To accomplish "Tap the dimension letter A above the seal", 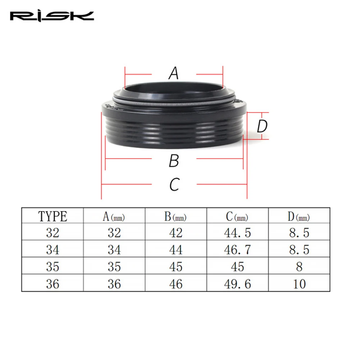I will (x=174, y=74).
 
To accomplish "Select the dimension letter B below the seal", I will (x=174, y=161).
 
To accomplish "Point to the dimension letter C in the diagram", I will (x=174, y=185).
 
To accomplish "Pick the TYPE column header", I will (x=53, y=217).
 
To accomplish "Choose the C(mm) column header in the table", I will (x=237, y=217).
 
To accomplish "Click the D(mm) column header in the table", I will (x=299, y=217).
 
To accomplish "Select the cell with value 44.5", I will (x=237, y=233).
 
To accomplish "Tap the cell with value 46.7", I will (x=237, y=250).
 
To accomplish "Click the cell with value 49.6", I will (x=237, y=283).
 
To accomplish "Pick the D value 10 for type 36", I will (x=299, y=283).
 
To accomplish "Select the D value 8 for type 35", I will (x=299, y=266).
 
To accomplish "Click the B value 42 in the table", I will (x=176, y=233).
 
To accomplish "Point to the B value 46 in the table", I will (x=176, y=283).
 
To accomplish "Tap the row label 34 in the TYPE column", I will (x=53, y=250).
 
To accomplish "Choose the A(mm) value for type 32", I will (x=114, y=233).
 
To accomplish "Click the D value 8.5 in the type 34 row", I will (x=299, y=250).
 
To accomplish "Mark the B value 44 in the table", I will (x=176, y=250).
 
